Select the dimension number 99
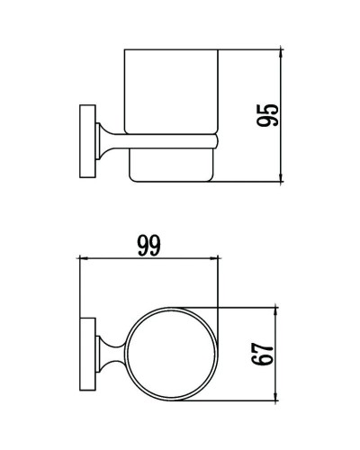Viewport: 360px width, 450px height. pyautogui.click(x=148, y=245)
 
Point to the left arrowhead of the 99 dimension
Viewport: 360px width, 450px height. pyautogui.click(x=84, y=258)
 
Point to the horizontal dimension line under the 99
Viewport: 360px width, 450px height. pyautogui.click(x=148, y=258)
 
